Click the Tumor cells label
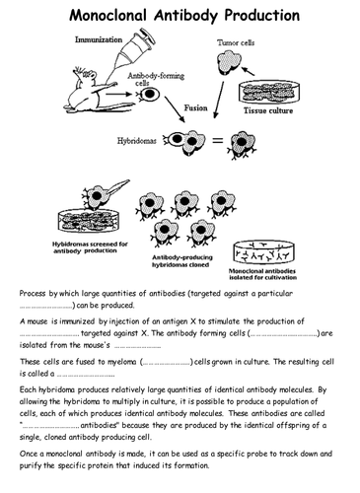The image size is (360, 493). (238, 44)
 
